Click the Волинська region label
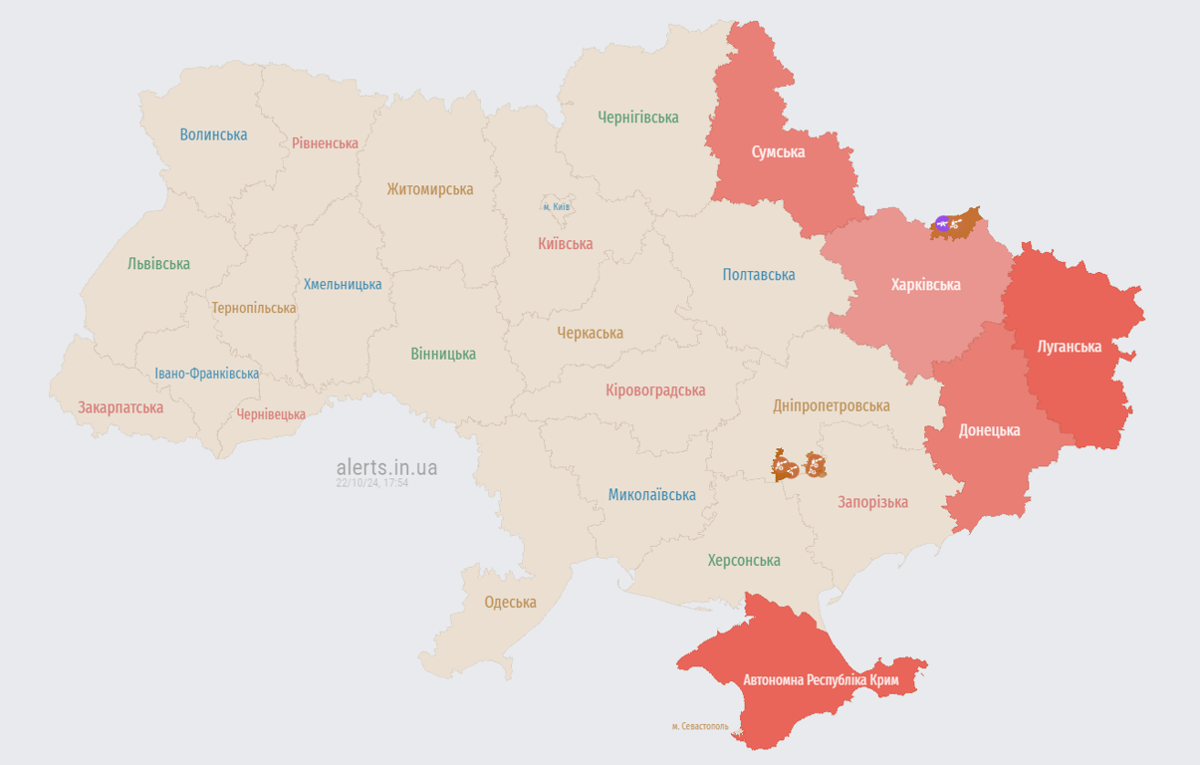213,134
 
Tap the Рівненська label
325,143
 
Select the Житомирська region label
430,189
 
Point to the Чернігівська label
638,118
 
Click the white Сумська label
778,152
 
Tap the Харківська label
925,285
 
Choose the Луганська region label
1069,347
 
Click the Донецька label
989,430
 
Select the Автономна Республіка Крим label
821,680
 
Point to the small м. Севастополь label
700,726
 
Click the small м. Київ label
557,206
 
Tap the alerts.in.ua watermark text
386,467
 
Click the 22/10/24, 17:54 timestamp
372,483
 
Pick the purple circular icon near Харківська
942,223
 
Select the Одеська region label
510,602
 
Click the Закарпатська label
120,407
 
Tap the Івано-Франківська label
207,374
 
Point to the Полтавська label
759,275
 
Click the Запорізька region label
872,502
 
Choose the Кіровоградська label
655,390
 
